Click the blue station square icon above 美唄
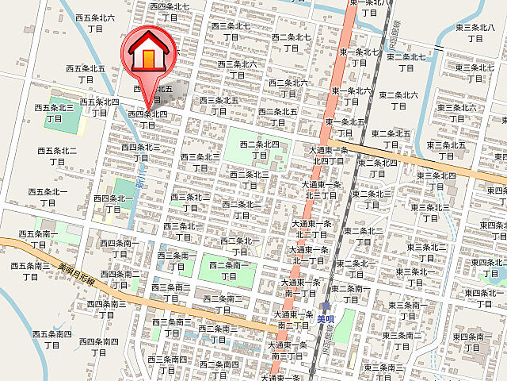click(326, 306)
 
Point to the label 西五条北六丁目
click(95, 21)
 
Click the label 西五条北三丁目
click(55, 112)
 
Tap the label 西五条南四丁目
click(52, 340)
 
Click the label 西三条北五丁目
click(219, 106)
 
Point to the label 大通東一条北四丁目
click(328, 155)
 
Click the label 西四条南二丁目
click(119, 279)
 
